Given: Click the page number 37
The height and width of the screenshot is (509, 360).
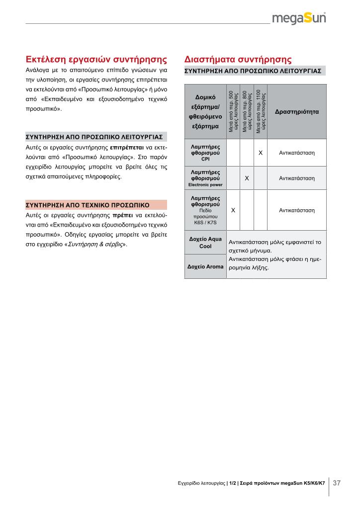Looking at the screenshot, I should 337,483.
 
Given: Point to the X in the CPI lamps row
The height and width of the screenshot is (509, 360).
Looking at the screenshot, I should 261,153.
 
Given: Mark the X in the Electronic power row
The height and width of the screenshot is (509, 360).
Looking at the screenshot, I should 247,177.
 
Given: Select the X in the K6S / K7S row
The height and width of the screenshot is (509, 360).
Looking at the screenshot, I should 233,210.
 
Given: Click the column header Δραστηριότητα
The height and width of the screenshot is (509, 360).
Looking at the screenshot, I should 297,112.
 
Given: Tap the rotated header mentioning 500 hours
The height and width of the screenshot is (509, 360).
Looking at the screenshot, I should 233,112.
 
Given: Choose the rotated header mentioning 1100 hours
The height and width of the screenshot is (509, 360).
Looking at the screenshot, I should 261,112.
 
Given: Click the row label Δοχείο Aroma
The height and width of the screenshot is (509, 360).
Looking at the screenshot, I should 205,267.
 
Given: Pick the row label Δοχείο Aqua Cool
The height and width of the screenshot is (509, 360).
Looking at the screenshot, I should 205,243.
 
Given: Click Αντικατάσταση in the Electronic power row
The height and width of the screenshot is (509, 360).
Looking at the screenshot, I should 297,177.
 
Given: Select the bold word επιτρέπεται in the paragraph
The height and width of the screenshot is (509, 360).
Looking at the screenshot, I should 127,148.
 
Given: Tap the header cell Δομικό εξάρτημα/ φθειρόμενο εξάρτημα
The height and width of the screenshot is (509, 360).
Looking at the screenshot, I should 205,112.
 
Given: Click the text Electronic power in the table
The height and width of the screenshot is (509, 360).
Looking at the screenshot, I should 205,185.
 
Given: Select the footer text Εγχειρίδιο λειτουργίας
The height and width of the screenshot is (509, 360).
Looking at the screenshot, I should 200,483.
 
